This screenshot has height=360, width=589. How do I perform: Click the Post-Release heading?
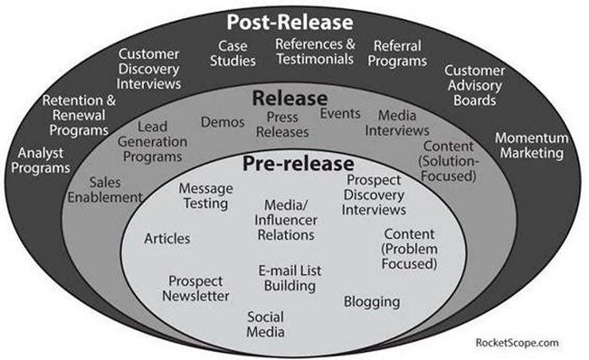[289, 22]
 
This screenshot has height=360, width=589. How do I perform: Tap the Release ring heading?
[290, 99]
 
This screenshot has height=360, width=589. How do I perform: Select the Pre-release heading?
[297, 164]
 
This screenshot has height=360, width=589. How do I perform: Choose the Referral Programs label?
[400, 53]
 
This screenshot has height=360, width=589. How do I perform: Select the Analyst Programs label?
[44, 159]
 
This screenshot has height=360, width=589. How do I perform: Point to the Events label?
[340, 113]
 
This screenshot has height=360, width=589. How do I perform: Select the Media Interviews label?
[402, 123]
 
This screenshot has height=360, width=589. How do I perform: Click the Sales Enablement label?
[105, 190]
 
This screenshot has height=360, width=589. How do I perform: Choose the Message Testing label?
[205, 196]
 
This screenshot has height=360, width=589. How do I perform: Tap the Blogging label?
[372, 302]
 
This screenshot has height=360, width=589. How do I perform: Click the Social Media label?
[265, 324]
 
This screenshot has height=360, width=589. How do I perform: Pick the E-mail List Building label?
[290, 278]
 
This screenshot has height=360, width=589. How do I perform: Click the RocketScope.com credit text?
[517, 342]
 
